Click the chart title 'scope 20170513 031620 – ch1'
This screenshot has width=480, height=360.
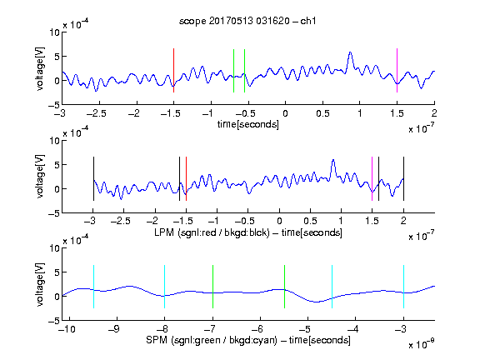(247, 21)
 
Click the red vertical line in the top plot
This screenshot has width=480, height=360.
(173, 70)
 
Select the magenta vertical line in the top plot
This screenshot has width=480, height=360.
(397, 70)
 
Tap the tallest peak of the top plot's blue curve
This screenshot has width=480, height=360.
(350, 53)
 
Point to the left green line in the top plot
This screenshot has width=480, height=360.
(233, 71)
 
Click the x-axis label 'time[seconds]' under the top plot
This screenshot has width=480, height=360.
(248, 124)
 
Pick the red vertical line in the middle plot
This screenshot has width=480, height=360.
(186, 179)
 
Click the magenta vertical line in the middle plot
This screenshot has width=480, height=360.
(372, 179)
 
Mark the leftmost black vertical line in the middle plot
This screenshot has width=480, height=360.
(93, 179)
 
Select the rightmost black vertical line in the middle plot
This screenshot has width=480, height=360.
(404, 179)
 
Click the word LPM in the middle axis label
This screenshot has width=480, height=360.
(164, 232)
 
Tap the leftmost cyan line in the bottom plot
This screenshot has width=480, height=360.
(93, 287)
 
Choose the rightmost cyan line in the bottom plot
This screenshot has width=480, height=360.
(404, 287)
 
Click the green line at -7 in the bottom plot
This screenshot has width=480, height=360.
(212, 287)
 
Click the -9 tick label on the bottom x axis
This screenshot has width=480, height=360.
(114, 329)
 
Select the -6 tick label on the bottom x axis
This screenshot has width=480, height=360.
(257, 329)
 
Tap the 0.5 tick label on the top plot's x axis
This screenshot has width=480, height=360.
(322, 113)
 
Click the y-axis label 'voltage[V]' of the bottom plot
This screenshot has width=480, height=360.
(40, 285)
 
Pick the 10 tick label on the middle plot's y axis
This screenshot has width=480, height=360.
(54, 141)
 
